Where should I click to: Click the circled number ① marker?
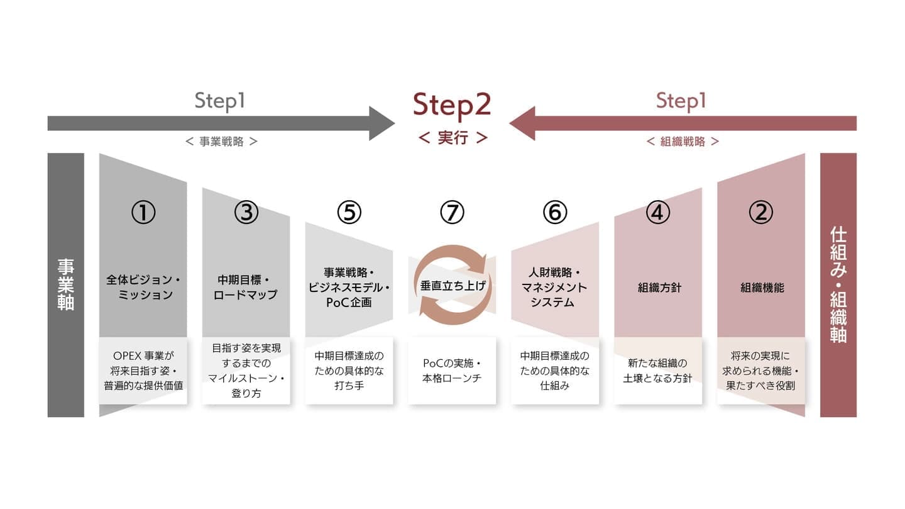143,213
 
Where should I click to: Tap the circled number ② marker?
761,213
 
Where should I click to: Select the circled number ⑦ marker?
452,213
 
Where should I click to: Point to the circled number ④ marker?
658,213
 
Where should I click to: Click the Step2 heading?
452,105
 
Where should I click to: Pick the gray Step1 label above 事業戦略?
219,101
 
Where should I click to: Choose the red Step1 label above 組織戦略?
681,101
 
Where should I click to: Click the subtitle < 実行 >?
452,138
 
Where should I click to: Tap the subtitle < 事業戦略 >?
222,142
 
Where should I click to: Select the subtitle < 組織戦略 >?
683,142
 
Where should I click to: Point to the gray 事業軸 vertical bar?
65,284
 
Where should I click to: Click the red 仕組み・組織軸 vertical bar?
838,284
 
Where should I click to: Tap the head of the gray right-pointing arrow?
381,123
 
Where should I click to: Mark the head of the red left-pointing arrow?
523,123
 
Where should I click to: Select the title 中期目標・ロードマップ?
246,288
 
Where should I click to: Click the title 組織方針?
659,288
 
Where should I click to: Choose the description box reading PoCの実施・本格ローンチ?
452,371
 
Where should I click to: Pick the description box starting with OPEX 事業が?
143,371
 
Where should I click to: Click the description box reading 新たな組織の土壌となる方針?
658,371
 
